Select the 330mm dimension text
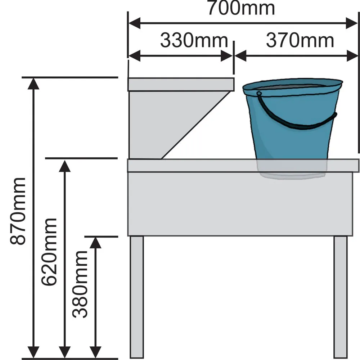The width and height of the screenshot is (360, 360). tap(194, 41)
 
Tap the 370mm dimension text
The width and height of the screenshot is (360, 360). tap(300, 41)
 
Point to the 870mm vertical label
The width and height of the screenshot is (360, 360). tap(18, 211)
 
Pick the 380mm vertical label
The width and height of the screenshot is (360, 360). tap(80, 284)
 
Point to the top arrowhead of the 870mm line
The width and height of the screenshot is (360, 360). tap(33, 84)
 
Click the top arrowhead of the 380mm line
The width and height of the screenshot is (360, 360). tap(95, 243)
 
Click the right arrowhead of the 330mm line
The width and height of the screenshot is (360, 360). tap(228, 56)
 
